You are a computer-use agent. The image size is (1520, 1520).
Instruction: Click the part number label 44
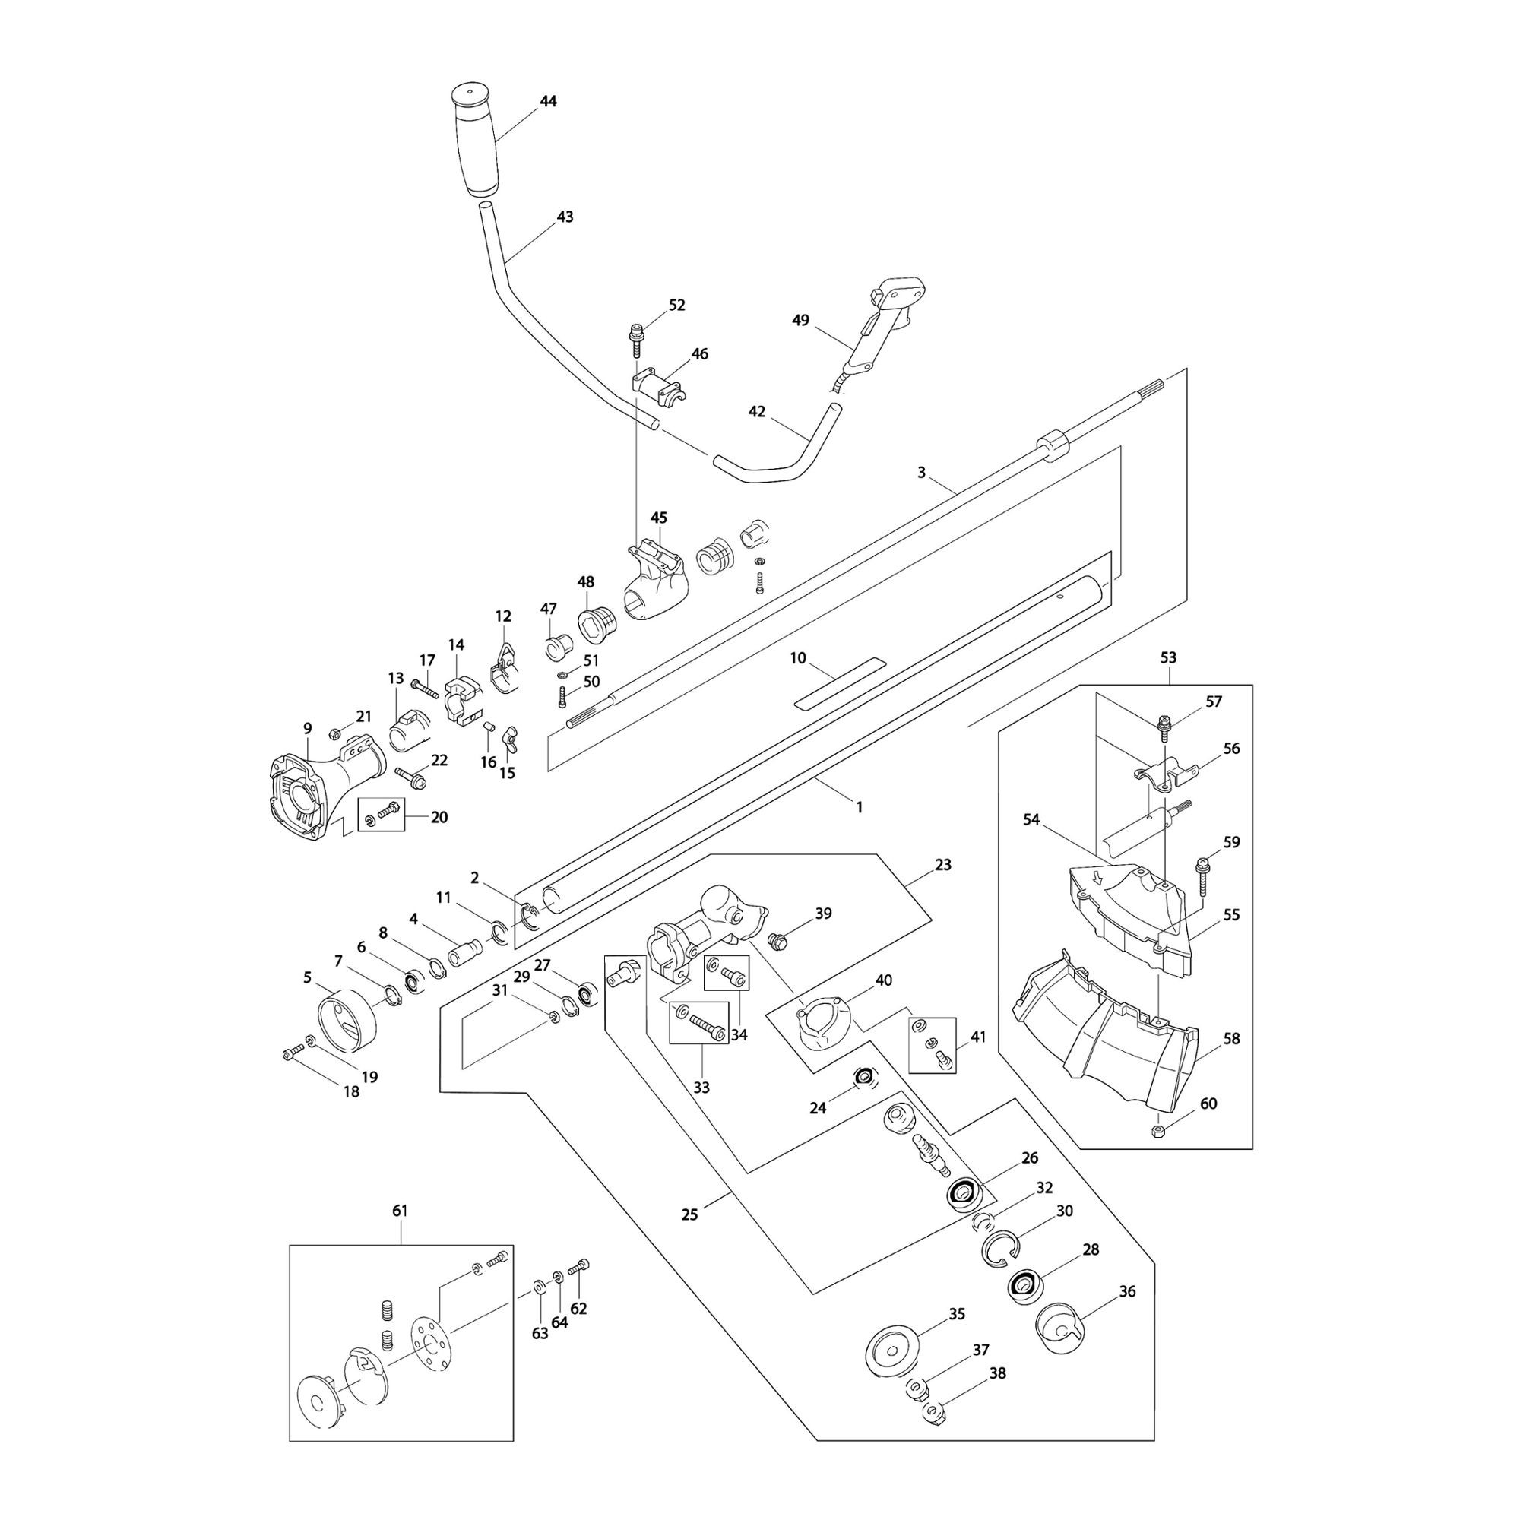(549, 102)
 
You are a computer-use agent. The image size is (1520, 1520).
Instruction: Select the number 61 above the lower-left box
(400, 1211)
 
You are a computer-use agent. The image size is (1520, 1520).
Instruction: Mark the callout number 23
(942, 865)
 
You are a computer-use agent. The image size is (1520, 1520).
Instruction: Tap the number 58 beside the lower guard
(1231, 1038)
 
